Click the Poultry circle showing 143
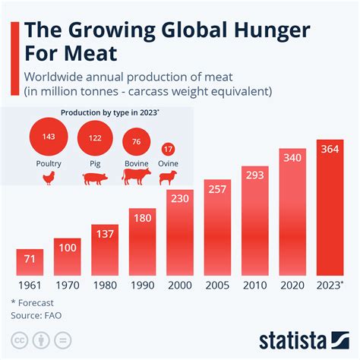click(x=48, y=136)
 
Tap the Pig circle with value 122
click(x=95, y=137)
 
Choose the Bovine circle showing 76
click(x=135, y=142)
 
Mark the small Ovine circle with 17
click(x=169, y=149)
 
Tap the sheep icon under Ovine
click(x=168, y=178)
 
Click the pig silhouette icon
click(x=95, y=178)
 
